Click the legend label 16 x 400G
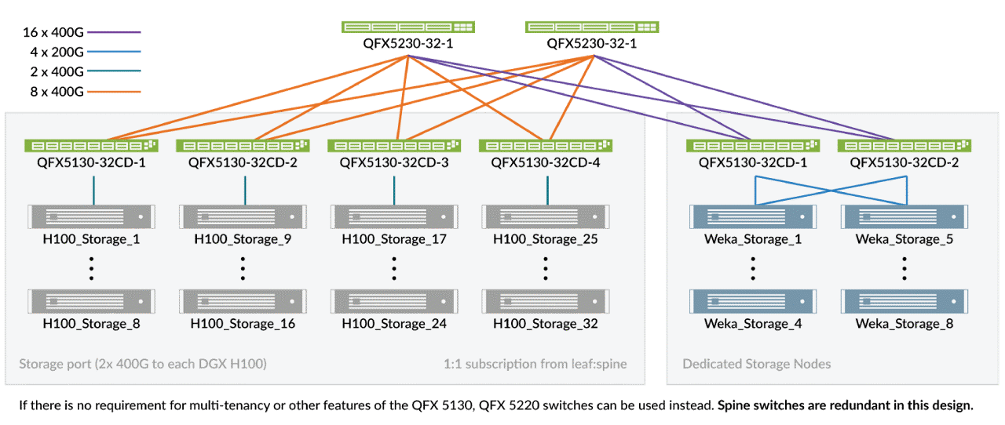point(53,33)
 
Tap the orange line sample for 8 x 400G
point(114,92)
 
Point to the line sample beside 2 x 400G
point(114,72)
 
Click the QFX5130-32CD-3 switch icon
point(393,145)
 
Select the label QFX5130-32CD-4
point(545,162)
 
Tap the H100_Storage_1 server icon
point(91,216)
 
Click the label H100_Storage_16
point(243,323)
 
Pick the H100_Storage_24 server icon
point(393,301)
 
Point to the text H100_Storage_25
point(545,238)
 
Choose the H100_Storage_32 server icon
point(545,301)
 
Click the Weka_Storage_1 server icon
point(753,216)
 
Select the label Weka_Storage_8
point(904,323)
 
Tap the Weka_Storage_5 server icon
point(904,216)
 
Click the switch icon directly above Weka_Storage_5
point(904,145)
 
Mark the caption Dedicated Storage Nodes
point(756,364)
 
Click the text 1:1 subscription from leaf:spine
point(535,364)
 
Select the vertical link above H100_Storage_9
point(244,190)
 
